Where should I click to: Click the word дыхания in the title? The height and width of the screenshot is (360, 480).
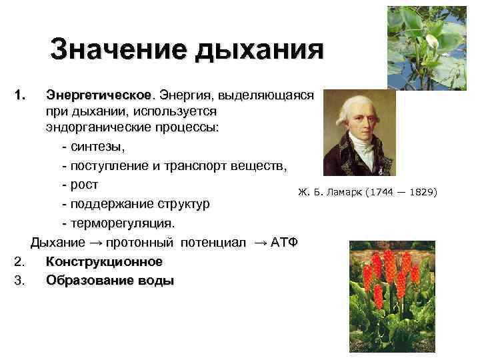click(x=259, y=51)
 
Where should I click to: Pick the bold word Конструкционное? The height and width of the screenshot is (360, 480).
click(x=104, y=261)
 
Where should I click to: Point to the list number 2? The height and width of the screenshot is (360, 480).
click(x=19, y=261)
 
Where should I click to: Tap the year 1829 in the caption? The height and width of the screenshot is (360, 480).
click(x=422, y=193)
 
